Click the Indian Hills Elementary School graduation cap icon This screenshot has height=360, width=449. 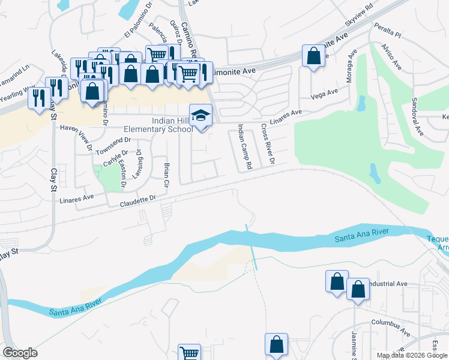(x=201, y=115)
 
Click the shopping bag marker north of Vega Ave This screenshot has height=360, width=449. (x=313, y=56)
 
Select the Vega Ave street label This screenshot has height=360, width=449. (x=324, y=94)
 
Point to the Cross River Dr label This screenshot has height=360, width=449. (x=267, y=145)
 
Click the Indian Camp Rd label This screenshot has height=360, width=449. (x=245, y=146)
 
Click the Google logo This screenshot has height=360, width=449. (x=20, y=352)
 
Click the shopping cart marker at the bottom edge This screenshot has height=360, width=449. (x=189, y=353)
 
